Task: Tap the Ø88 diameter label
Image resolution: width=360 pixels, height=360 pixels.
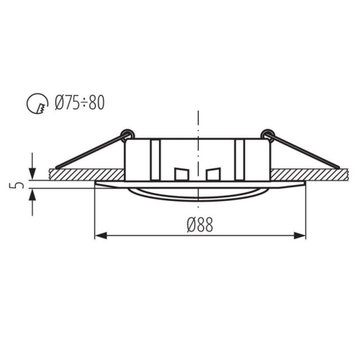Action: point(199,225)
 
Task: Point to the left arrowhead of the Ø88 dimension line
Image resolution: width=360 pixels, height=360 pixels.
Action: point(101,235)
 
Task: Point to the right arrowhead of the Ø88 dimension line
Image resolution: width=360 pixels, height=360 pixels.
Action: point(301,235)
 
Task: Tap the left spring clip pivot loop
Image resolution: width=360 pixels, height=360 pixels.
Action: point(128,133)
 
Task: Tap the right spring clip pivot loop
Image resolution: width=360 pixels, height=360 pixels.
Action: point(267,133)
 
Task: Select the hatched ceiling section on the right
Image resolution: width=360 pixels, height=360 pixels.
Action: point(310,174)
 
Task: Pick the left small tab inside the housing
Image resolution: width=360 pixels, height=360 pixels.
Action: point(181,175)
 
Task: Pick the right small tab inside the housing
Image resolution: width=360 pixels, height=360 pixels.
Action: point(212,175)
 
